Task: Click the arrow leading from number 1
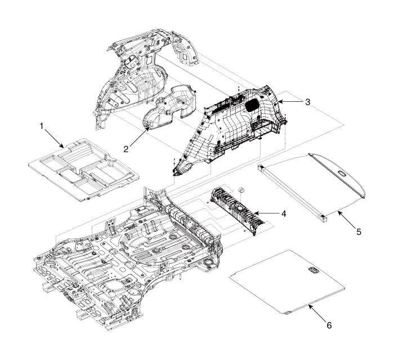click(56, 138)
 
